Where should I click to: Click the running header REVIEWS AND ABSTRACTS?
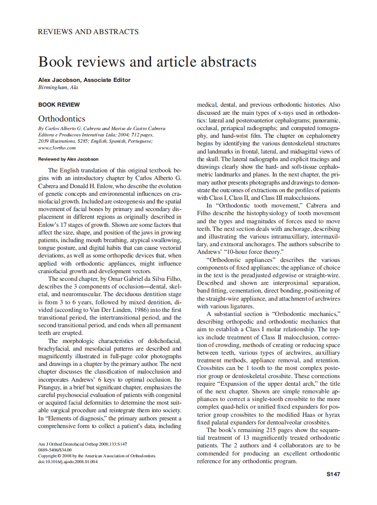coord(88,32)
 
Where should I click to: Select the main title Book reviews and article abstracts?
coord(147,61)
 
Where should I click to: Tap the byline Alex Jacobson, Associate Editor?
coord(84,80)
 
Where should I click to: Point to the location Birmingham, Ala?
coord(57,87)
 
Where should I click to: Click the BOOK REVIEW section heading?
coord(59,105)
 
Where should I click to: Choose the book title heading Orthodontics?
coord(62,119)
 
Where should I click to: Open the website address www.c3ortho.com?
coord(57,148)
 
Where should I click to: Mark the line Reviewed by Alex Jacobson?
coord(68,159)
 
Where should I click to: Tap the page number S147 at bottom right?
coord(333,474)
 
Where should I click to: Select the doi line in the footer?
coord(68,461)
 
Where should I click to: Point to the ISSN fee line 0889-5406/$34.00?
coord(55,450)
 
